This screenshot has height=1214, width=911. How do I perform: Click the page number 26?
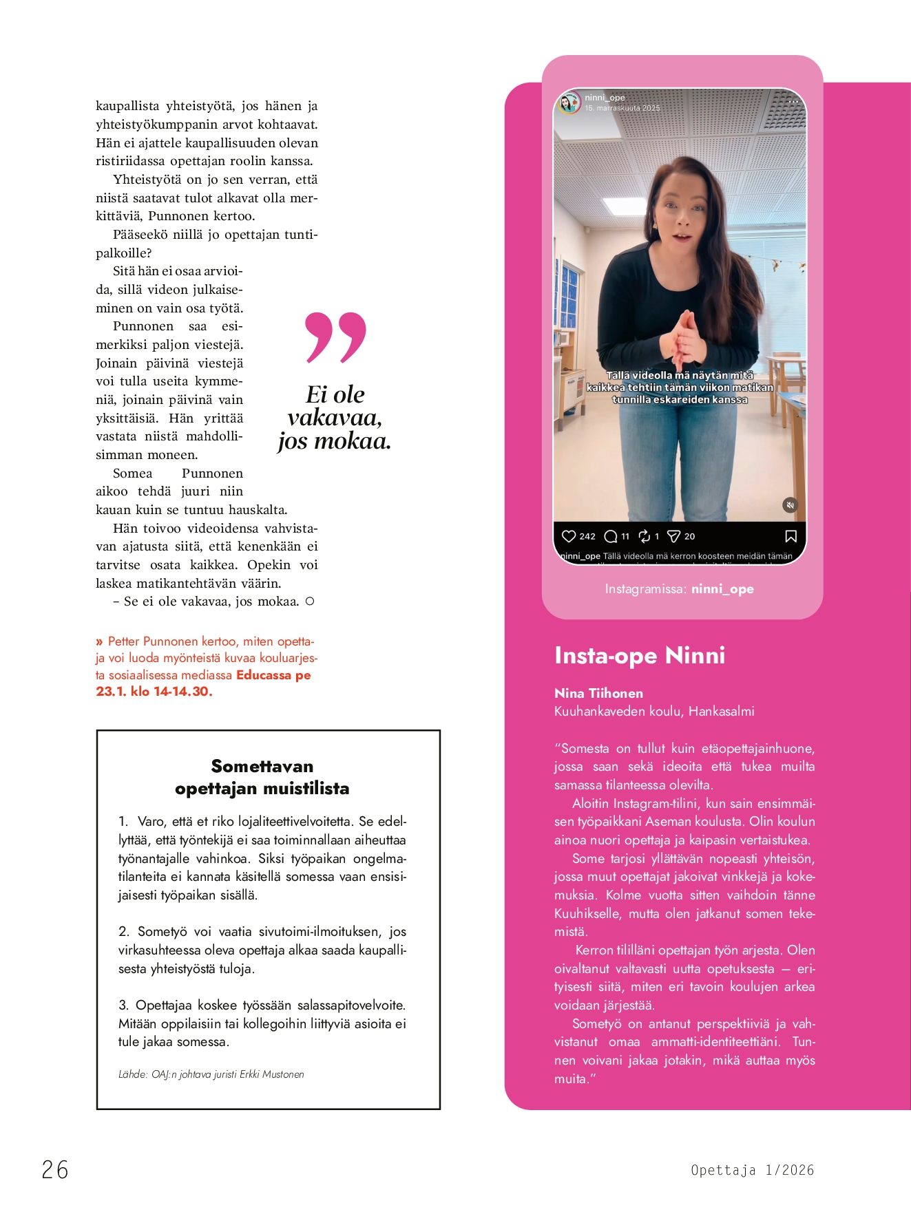tap(55, 1170)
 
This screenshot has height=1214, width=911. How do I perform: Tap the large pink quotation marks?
tap(335, 337)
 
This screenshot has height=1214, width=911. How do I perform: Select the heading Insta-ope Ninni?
tap(640, 655)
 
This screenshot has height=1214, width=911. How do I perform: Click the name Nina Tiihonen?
tap(598, 693)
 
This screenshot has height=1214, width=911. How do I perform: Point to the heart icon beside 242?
tap(569, 536)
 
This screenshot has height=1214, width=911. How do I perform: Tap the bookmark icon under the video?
tap(791, 536)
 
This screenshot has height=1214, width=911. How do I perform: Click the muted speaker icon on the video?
tap(790, 505)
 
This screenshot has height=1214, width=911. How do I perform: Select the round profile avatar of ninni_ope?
tap(569, 103)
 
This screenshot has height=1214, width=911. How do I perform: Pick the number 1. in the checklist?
tap(123, 822)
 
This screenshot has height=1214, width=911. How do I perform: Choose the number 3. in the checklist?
tap(123, 1005)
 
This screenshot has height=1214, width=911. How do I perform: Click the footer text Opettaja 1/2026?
tap(752, 1170)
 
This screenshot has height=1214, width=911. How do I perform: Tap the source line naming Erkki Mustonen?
tap(211, 1074)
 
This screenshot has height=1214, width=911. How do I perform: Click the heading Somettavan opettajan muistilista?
tap(262, 777)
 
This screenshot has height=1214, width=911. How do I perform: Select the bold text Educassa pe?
tap(273, 675)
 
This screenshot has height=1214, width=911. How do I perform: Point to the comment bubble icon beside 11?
tap(611, 536)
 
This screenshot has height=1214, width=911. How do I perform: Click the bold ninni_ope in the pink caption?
tap(722, 589)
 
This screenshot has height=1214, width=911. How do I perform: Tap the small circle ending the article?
tap(310, 601)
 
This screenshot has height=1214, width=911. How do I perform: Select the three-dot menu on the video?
tap(793, 101)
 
